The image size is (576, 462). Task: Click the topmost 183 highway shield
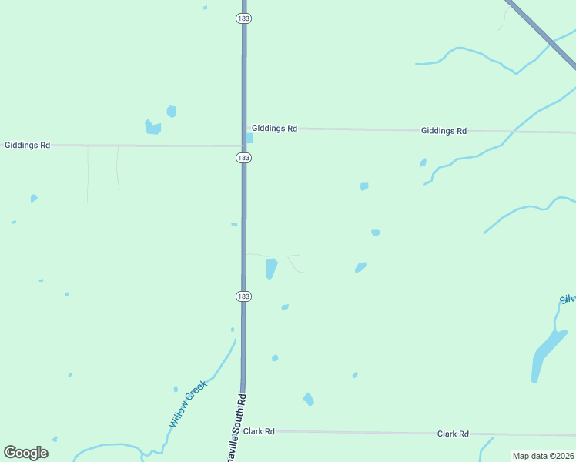click(243, 17)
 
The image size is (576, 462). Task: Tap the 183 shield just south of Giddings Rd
click(243, 157)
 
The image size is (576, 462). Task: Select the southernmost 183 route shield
click(243, 296)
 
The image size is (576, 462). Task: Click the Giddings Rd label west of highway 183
click(27, 145)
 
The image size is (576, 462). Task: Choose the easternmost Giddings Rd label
click(444, 131)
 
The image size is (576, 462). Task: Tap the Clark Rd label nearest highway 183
click(259, 432)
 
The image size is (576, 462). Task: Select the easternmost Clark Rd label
click(453, 434)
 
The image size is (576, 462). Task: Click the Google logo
click(25, 453)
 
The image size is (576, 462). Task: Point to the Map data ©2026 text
click(543, 456)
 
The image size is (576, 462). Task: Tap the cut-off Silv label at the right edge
click(568, 299)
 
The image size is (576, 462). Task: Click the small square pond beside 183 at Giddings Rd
click(249, 139)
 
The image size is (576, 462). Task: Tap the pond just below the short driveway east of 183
click(270, 268)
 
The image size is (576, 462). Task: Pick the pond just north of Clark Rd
click(308, 399)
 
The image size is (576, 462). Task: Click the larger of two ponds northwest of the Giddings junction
click(153, 127)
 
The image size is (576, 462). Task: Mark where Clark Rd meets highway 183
click(243, 431)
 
